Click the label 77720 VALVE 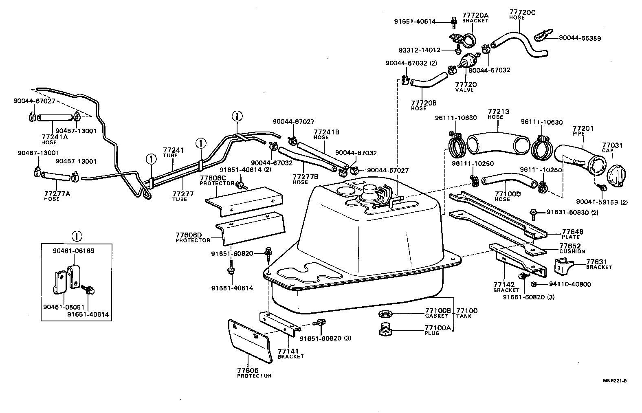[466, 86]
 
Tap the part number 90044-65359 [580, 38]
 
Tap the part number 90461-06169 [74, 251]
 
